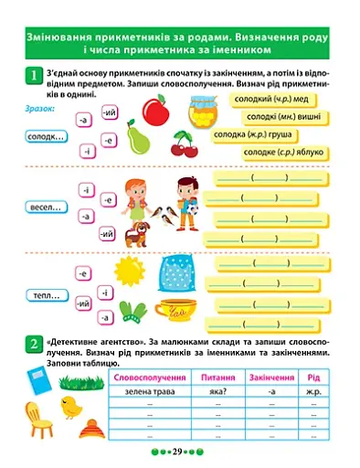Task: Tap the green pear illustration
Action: coord(138,140)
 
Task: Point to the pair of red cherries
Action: coord(184,144)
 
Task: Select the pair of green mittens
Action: coord(134,310)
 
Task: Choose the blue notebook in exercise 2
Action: coord(37,383)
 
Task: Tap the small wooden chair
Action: coord(42,420)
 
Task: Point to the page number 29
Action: coord(179,452)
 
